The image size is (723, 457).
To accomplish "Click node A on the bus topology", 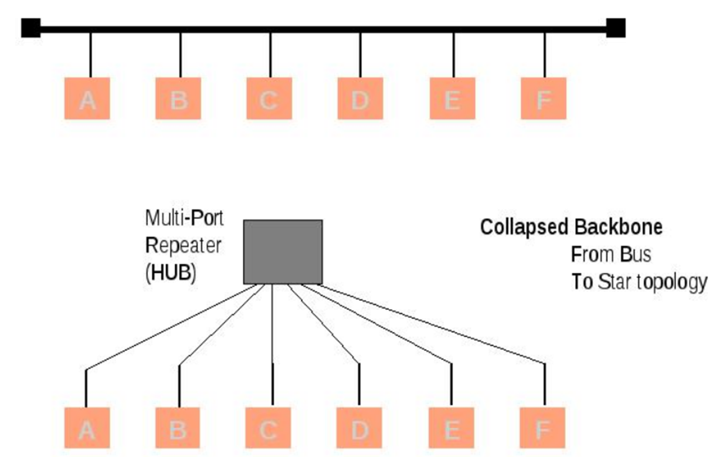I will pyautogui.click(x=87, y=99).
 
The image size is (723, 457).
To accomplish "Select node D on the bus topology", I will pyautogui.click(x=359, y=99).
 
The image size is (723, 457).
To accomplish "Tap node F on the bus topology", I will pyautogui.click(x=544, y=99).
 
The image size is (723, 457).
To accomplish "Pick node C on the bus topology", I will pyautogui.click(x=269, y=99).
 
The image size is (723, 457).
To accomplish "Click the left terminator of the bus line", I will pyautogui.click(x=30, y=28).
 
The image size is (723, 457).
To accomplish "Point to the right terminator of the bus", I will pyautogui.click(x=615, y=28).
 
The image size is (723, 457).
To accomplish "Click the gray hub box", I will pyautogui.click(x=283, y=252).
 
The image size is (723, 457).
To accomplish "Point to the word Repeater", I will pyautogui.click(x=184, y=245).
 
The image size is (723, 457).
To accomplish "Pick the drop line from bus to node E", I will pyautogui.click(x=453, y=55).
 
